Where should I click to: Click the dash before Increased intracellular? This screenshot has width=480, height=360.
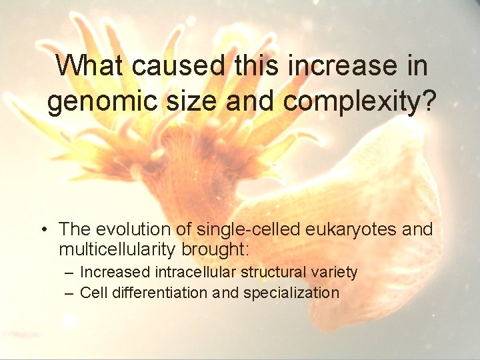tap(70, 273)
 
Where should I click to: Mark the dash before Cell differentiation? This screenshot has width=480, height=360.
tap(70, 293)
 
